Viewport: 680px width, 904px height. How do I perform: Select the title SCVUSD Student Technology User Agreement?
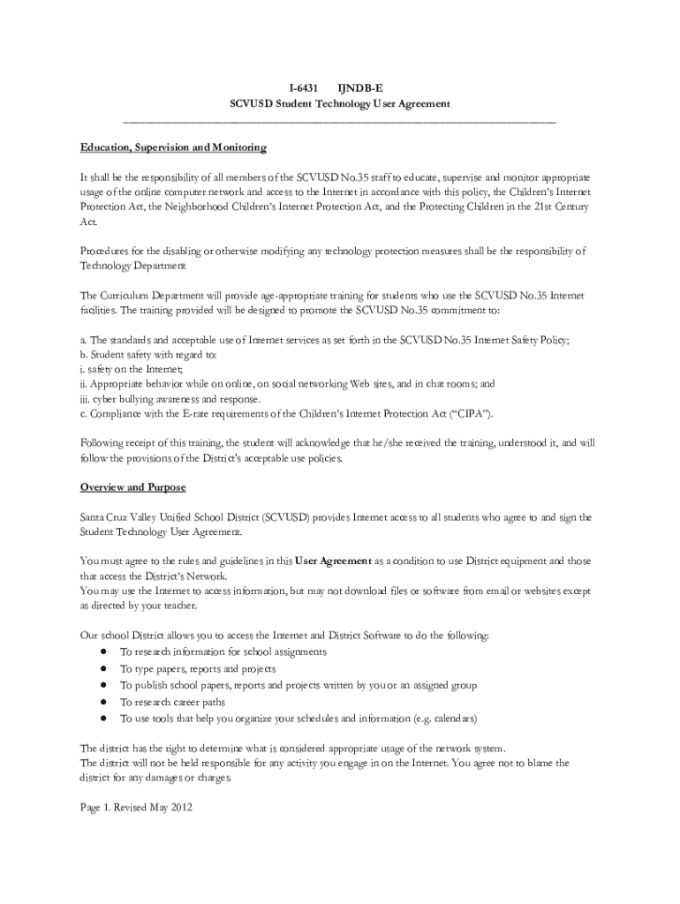click(340, 103)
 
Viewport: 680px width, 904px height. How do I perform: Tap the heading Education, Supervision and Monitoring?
click(173, 147)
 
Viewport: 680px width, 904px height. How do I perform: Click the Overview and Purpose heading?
click(132, 487)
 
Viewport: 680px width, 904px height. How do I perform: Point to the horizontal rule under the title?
click(340, 120)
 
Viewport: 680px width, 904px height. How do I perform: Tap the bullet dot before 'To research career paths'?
click(103, 702)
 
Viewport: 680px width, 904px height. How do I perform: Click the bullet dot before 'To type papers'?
click(103, 668)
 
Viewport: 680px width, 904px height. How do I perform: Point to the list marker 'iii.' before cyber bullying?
click(86, 398)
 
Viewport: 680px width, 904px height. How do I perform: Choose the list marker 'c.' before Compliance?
click(83, 414)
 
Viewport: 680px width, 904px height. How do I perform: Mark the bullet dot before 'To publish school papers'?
click(103, 685)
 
